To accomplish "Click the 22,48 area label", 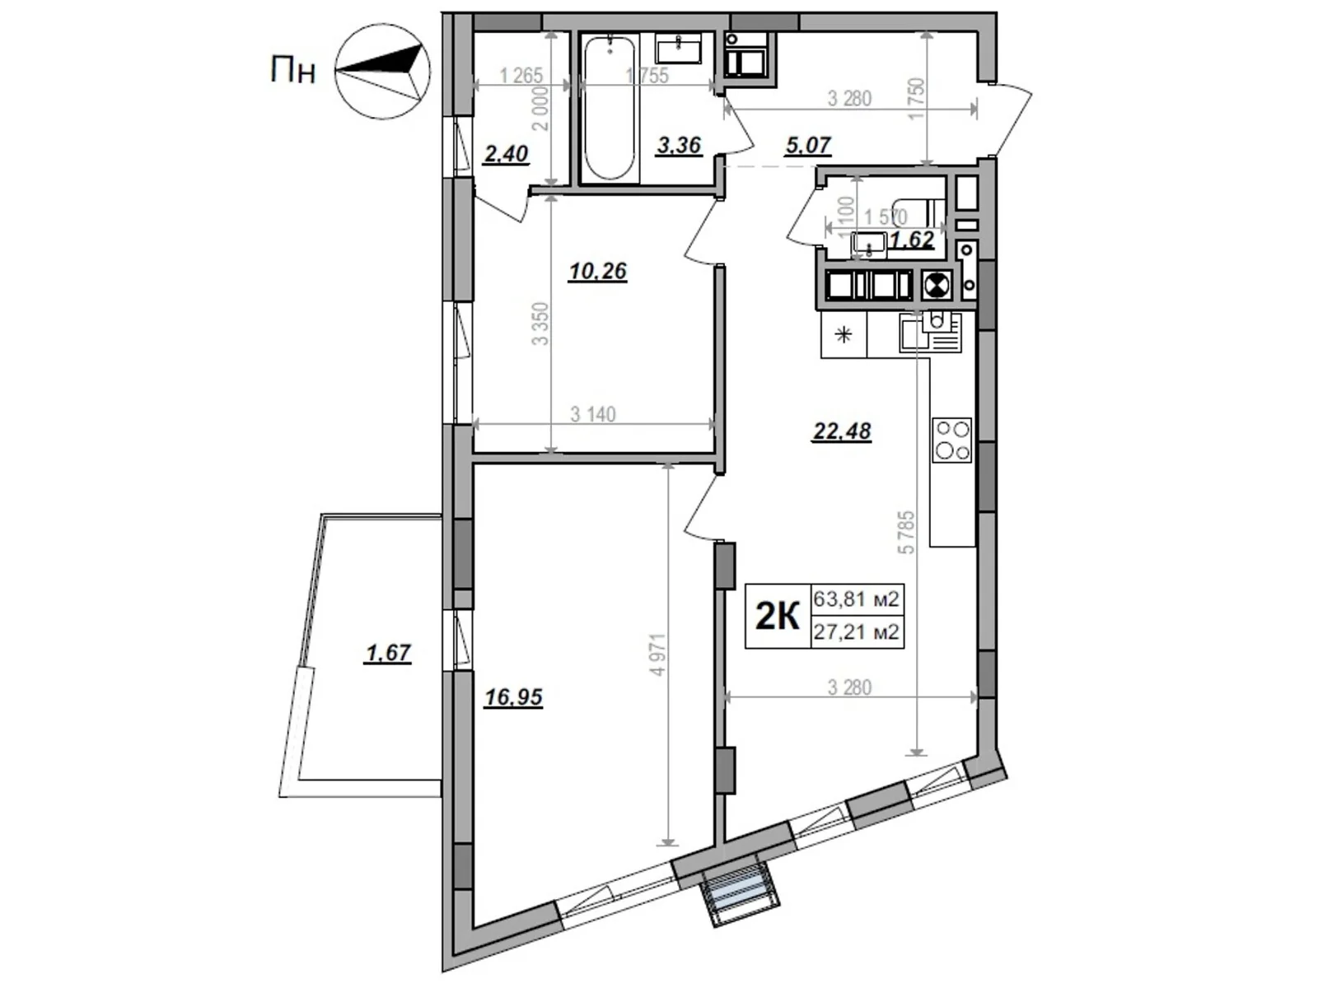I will click(x=841, y=431).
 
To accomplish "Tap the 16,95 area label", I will click(x=513, y=697).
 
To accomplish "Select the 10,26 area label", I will click(x=597, y=270).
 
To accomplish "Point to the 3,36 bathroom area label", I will click(x=679, y=146).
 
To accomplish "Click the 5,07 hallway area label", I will click(x=808, y=146).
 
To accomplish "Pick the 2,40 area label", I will click(x=505, y=154).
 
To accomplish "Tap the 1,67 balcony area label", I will click(x=387, y=653).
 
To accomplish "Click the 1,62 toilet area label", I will click(x=913, y=240).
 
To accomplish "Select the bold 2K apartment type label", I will click(x=778, y=616).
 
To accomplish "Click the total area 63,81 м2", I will click(x=856, y=599).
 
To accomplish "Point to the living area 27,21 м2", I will click(x=856, y=632).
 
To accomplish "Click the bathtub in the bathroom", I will click(x=609, y=107).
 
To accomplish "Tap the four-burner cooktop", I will click(x=951, y=440).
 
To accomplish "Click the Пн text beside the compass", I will click(x=292, y=71).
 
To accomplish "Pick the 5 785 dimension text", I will click(x=907, y=532).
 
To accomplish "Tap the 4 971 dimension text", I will click(x=657, y=655).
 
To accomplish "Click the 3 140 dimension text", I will click(x=592, y=414).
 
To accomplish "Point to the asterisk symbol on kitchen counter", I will click(x=844, y=335).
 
